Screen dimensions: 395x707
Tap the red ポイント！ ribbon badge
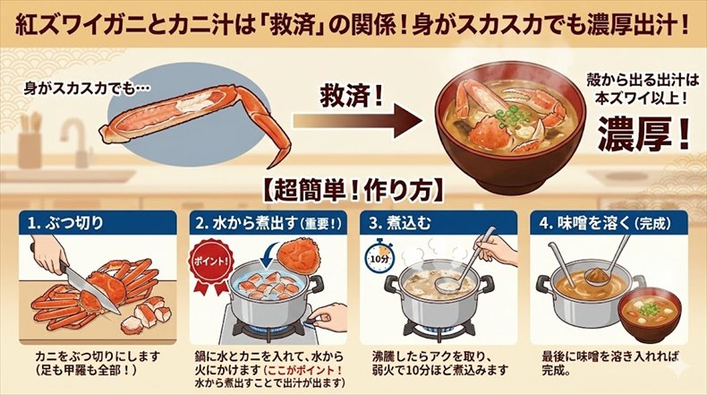pos(214,268)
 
